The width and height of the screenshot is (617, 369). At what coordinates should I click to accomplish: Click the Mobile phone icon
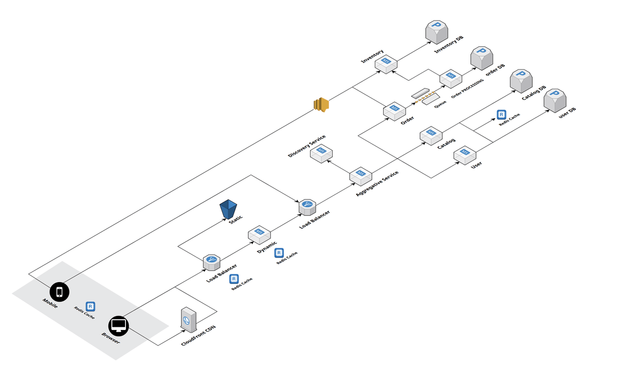click(x=60, y=292)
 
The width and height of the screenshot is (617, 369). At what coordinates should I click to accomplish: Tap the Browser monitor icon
click(x=118, y=326)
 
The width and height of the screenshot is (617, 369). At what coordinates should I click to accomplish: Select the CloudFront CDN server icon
click(x=189, y=320)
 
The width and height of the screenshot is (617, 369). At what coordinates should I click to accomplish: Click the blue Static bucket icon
click(x=228, y=209)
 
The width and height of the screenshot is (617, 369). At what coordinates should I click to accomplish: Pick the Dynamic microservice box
click(x=259, y=235)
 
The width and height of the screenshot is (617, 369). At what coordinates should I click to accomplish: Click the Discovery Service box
click(x=321, y=153)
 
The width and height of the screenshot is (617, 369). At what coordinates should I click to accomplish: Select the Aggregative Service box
click(x=360, y=176)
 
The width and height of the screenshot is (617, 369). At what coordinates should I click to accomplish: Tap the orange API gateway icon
click(x=321, y=105)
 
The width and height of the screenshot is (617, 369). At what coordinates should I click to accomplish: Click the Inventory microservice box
click(x=386, y=64)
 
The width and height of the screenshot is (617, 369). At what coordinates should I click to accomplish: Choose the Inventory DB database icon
click(x=437, y=32)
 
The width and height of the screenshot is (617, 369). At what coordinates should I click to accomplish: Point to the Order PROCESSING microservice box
click(x=450, y=79)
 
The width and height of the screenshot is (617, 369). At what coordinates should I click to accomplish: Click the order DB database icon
click(x=482, y=58)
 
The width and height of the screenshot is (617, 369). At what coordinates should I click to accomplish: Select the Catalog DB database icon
click(x=521, y=81)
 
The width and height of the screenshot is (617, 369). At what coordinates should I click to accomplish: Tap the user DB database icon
click(x=555, y=101)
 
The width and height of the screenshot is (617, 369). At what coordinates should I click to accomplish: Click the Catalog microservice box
click(x=431, y=136)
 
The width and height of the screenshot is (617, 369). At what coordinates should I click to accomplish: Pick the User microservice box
click(x=465, y=155)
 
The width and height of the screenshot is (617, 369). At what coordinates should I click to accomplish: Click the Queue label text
click(x=440, y=104)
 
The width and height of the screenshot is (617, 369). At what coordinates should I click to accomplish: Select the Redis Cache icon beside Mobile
click(x=90, y=306)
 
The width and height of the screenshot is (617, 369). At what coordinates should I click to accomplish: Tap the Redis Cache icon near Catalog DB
click(x=501, y=115)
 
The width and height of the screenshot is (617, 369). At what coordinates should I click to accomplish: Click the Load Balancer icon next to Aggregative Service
click(x=307, y=207)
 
